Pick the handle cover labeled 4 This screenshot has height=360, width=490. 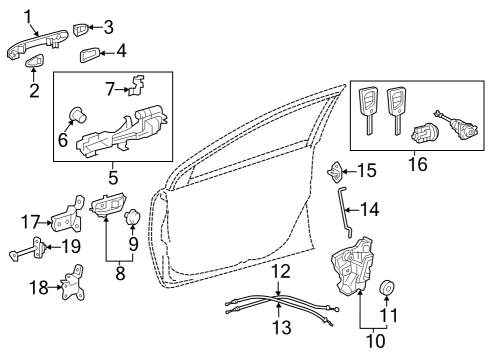click(88, 52)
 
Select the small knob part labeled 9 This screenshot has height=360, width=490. click(131, 216)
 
